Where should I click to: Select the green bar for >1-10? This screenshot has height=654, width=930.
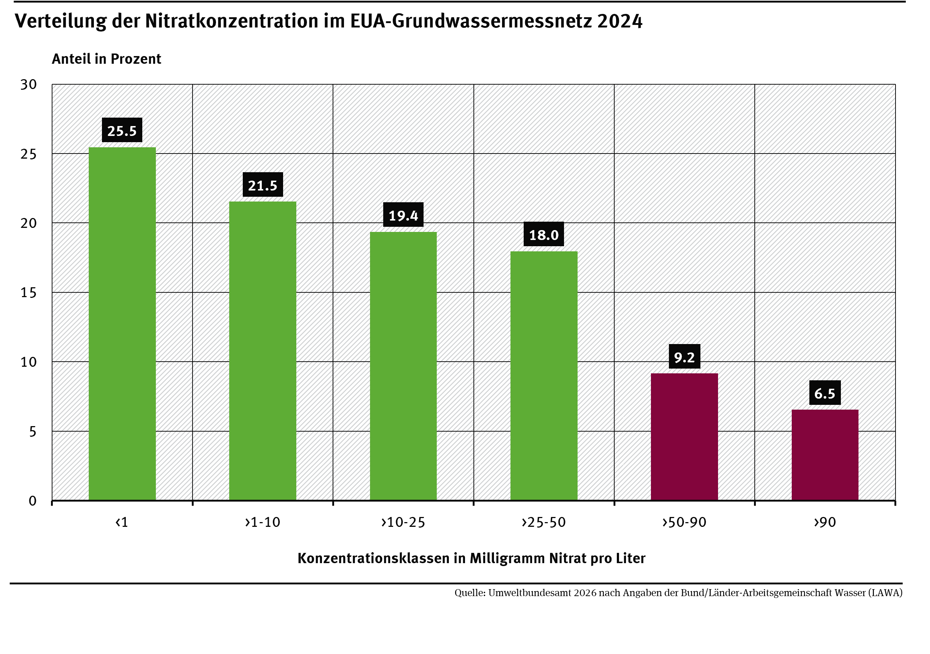point(263,351)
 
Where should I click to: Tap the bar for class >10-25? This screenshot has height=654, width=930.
point(403,366)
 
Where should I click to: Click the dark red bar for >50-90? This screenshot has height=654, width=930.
point(684,437)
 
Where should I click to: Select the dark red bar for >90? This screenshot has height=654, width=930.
point(825,455)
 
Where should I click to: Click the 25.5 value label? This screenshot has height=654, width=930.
point(122,131)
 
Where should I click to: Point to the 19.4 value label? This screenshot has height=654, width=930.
point(403,215)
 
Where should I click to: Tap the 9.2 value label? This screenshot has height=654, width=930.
point(684,357)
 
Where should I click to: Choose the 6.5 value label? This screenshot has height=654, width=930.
point(825,393)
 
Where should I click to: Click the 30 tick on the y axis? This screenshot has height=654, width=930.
point(28,85)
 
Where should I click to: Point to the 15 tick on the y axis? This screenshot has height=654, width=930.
point(28,293)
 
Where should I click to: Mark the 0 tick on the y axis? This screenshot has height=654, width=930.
point(32,501)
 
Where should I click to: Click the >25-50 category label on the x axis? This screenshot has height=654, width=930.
point(543,522)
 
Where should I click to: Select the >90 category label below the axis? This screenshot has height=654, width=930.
point(825,522)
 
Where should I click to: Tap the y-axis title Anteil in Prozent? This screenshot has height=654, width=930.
point(106,59)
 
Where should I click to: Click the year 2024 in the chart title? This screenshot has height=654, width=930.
point(619,21)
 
